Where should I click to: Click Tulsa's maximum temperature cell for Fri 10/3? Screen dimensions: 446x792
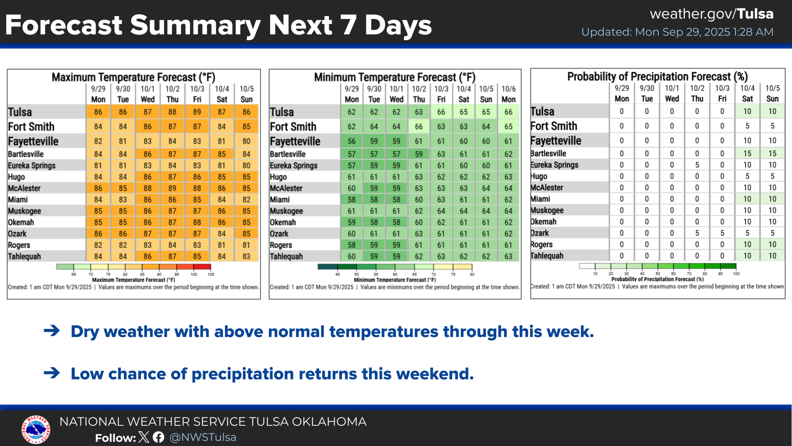click(197, 112)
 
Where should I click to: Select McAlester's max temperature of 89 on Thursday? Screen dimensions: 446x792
click(172, 188)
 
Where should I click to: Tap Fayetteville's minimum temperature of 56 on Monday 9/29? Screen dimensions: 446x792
click(351, 141)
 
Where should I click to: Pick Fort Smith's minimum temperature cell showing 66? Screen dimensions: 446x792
click(419, 127)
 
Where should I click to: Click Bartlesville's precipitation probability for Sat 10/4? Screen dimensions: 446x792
click(747, 154)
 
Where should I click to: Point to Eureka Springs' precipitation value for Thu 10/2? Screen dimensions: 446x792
click(697, 165)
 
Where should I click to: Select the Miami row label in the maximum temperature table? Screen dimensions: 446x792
click(18, 200)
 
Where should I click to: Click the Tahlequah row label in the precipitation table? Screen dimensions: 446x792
click(547, 256)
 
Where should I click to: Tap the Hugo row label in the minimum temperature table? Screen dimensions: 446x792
click(278, 177)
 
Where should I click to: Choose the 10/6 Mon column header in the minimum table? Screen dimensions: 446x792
click(509, 94)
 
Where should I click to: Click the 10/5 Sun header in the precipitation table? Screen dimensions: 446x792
click(773, 93)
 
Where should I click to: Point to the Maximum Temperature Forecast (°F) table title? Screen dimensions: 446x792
click(133, 77)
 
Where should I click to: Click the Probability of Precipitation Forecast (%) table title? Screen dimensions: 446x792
click(657, 76)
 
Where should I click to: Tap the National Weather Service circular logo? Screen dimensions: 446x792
click(36, 429)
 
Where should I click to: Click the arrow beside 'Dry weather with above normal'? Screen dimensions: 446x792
click(52, 331)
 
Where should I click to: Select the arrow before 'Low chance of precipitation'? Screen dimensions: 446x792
click(52, 373)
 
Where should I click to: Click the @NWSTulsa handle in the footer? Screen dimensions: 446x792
click(203, 437)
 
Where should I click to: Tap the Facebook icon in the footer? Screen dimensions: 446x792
click(158, 437)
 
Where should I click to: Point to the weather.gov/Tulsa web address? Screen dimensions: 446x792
click(712, 14)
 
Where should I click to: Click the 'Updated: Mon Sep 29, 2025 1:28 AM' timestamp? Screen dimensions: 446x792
click(677, 32)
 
